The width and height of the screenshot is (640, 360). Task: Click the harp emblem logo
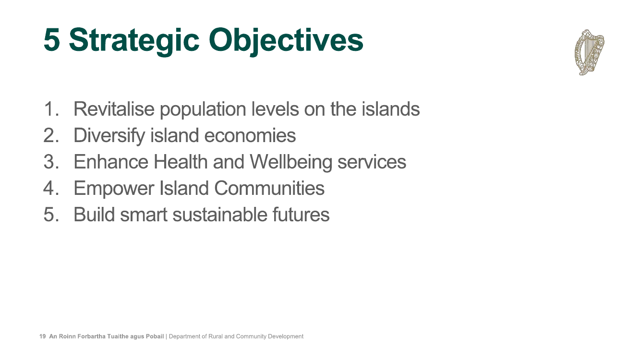click(590, 52)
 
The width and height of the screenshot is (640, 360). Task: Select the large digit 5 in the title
click(52, 39)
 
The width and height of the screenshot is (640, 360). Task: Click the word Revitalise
click(114, 109)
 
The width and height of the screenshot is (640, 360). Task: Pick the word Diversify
click(109, 136)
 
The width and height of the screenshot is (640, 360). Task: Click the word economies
click(250, 136)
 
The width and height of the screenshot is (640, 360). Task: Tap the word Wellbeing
click(291, 163)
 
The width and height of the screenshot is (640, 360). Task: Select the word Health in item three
click(181, 162)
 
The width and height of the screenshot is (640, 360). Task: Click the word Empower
click(114, 189)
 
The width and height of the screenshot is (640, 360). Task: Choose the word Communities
click(269, 188)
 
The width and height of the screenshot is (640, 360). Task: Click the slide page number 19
click(43, 336)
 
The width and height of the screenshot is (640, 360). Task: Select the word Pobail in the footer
click(155, 336)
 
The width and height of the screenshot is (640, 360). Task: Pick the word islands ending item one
click(390, 109)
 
